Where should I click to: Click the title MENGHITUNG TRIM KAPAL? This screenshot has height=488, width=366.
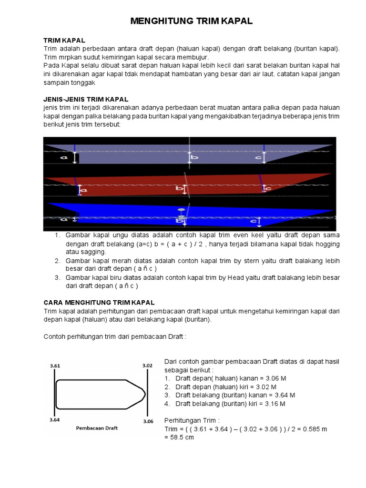point(191,21)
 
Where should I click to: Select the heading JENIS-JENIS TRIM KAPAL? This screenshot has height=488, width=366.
point(86,99)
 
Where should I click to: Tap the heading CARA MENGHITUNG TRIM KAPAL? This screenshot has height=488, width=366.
point(99,303)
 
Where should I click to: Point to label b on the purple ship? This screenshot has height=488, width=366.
point(194,157)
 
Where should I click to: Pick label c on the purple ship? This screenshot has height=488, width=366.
point(258,157)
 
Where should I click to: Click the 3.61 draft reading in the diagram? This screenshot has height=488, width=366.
point(56,366)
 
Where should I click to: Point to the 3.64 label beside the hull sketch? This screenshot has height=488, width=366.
point(56,420)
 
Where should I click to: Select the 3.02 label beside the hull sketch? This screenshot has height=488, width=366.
point(147,366)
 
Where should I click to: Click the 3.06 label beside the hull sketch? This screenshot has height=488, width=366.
point(149,421)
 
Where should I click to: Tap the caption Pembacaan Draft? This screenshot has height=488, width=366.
point(97,427)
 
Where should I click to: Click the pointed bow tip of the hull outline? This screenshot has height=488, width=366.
point(145,394)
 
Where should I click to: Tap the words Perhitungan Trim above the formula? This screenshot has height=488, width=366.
point(192,421)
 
